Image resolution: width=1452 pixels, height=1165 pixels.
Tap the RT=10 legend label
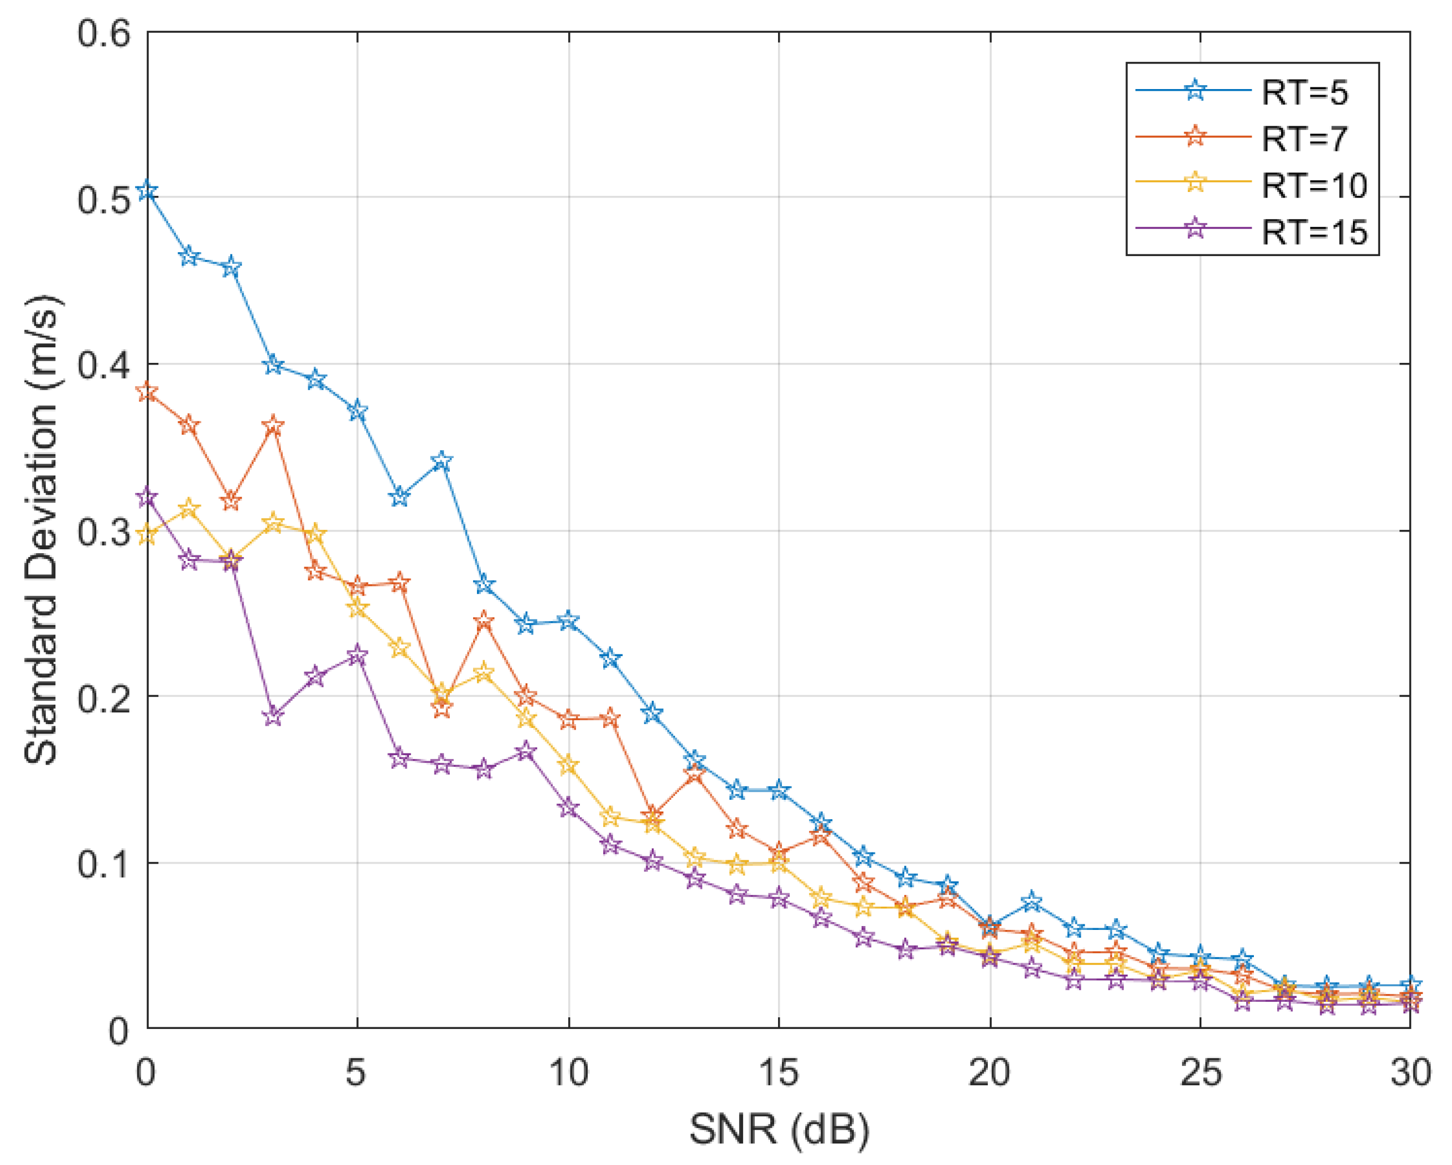[x=1314, y=185]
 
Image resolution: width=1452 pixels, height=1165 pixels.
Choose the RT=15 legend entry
[x=1314, y=232]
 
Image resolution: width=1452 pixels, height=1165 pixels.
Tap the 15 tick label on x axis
[x=779, y=1072]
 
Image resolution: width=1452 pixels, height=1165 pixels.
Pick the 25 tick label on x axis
[x=1200, y=1072]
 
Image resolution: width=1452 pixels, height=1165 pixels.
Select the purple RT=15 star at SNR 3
[x=273, y=716]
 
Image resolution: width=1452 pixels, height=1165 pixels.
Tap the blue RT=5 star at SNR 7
[x=442, y=461]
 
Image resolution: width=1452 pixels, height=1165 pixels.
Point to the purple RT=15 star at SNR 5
[x=357, y=655]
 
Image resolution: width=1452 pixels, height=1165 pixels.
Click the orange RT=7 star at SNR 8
[x=484, y=621]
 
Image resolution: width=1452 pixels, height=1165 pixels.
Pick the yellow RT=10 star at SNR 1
[x=189, y=509]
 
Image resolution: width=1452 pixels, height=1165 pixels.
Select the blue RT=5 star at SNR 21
[x=1032, y=902]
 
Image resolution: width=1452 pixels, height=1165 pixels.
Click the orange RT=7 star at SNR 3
[x=273, y=425]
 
